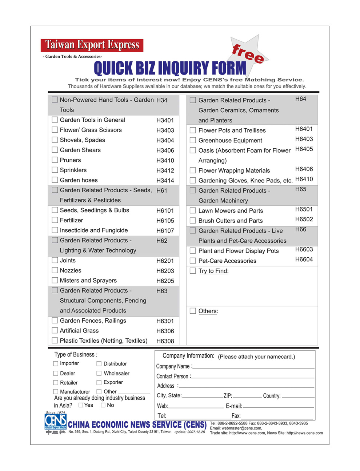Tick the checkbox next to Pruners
coord(55,160)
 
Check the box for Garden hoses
coord(55,180)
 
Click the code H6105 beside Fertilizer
coord(165,221)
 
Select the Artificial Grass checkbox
coord(55,330)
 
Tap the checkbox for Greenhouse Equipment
coord(193,140)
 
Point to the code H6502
coord(304,219)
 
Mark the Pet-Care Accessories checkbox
coord(193,261)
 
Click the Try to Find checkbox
coord(193,271)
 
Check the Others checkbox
coord(193,311)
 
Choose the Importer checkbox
coord(56,363)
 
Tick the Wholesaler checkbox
coord(99,373)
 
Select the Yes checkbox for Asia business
coord(81,405)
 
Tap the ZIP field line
coord(247,396)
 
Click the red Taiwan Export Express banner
coord(92,45)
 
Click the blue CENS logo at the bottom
coord(56,422)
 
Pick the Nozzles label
coord(71,270)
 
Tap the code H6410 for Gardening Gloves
coord(304,179)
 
